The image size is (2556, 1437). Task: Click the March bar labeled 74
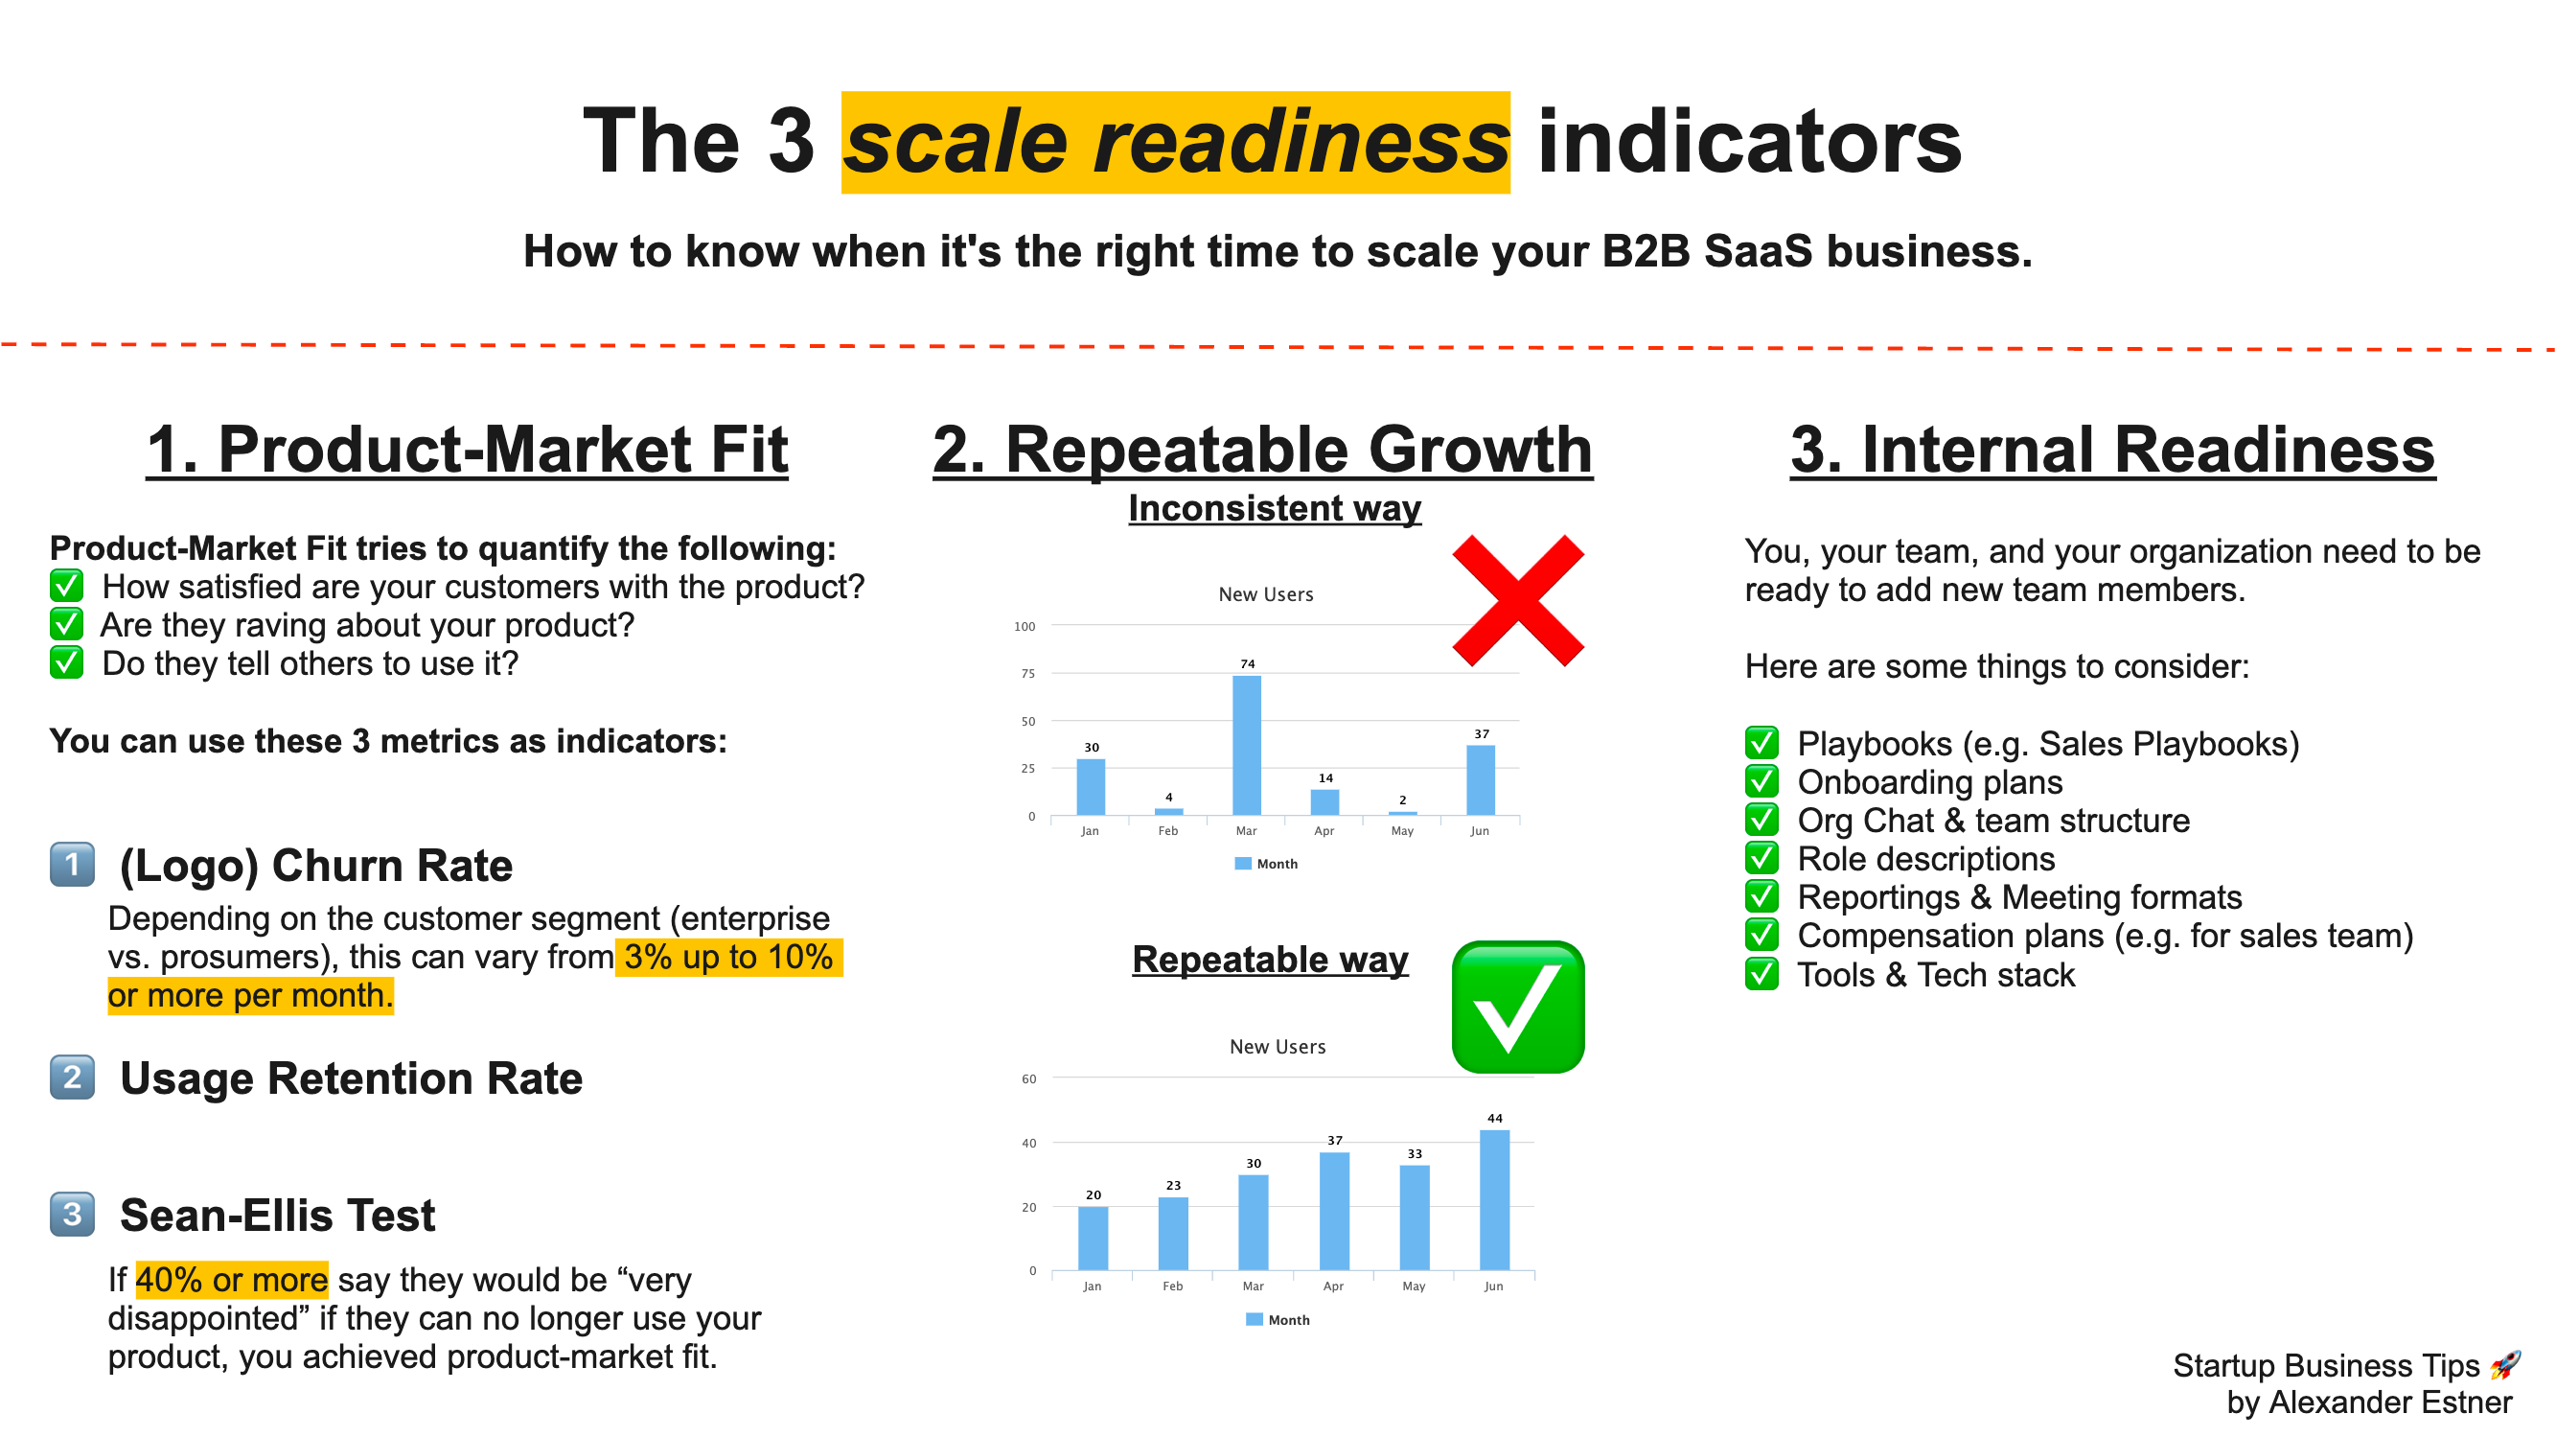click(1246, 745)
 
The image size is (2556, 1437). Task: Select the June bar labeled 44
click(1494, 1200)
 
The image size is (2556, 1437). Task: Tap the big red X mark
click(1517, 600)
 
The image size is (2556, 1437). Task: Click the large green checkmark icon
click(1517, 1008)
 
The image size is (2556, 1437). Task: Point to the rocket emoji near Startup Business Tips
click(2505, 1365)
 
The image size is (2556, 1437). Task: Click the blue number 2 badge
click(73, 1078)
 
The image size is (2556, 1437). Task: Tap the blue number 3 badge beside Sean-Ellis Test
click(73, 1215)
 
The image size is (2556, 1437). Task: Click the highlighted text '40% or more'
click(231, 1280)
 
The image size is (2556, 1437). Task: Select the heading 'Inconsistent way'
click(1274, 508)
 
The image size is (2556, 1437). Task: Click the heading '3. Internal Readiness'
click(2111, 450)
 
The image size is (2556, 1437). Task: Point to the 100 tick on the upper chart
click(1024, 626)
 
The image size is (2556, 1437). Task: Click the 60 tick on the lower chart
click(1028, 1078)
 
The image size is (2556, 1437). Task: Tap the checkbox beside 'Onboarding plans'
click(1762, 782)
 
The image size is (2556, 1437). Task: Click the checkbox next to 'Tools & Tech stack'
click(1762, 975)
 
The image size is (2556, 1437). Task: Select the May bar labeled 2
click(1402, 813)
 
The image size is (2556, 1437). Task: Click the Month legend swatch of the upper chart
click(1242, 864)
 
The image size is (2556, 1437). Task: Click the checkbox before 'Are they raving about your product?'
click(66, 625)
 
